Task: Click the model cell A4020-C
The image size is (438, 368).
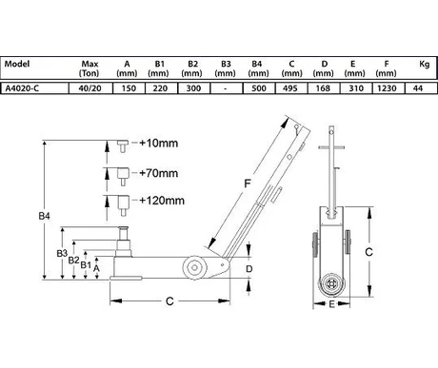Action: click(22, 88)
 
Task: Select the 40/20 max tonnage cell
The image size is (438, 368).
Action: click(90, 88)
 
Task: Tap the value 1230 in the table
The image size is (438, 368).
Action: click(387, 88)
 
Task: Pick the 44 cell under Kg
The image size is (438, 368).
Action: click(418, 88)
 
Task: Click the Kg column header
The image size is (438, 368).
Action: click(425, 64)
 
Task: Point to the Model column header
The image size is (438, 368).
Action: click(17, 64)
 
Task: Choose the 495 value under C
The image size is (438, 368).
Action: click(290, 88)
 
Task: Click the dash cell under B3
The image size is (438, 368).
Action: click(225, 88)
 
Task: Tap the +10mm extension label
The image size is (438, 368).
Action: click(158, 144)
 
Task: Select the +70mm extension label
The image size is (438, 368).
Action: click(158, 173)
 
